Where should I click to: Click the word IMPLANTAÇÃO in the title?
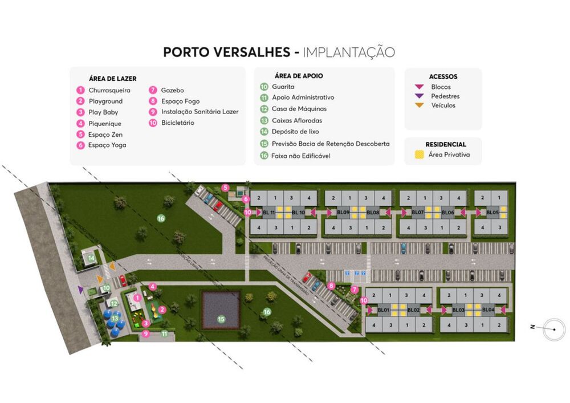pyautogui.click(x=349, y=52)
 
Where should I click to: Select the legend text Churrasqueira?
pyautogui.click(x=109, y=90)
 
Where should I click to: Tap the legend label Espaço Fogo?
pyautogui.click(x=180, y=101)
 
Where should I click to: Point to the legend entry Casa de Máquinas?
pyautogui.click(x=299, y=109)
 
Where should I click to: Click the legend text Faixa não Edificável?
pyautogui.click(x=301, y=156)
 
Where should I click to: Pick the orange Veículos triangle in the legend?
pyautogui.click(x=419, y=105)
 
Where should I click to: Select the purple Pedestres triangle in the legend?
pyautogui.click(x=419, y=96)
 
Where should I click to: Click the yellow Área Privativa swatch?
pyautogui.click(x=419, y=154)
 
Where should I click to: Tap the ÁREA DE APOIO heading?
pyautogui.click(x=299, y=76)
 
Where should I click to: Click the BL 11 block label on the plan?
pyautogui.click(x=268, y=213)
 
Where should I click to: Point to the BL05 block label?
pyautogui.click(x=492, y=213)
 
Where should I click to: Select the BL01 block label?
pyautogui.click(x=383, y=310)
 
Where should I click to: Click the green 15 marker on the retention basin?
pyautogui.click(x=221, y=319)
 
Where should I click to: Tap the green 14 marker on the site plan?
pyautogui.click(x=91, y=258)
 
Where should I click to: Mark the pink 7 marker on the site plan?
pyautogui.click(x=355, y=290)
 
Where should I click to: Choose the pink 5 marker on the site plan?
pyautogui.click(x=225, y=188)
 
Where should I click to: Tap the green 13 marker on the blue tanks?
pyautogui.click(x=115, y=319)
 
